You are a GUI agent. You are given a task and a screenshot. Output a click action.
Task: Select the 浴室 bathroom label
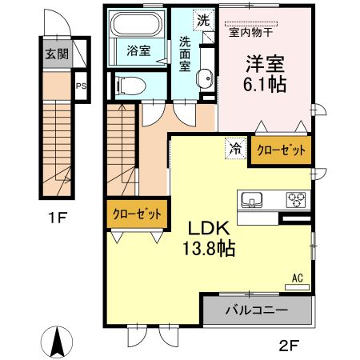(138, 50)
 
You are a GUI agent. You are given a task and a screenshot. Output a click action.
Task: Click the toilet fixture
(130, 83)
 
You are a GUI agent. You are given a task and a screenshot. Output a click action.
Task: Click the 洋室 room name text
(261, 62)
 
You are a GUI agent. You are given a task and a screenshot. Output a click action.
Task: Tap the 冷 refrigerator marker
(235, 147)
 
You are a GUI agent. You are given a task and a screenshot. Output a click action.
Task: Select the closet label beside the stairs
(137, 214)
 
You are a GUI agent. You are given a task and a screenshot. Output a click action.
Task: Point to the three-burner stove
(295, 199)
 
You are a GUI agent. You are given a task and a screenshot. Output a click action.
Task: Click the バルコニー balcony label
(256, 310)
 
